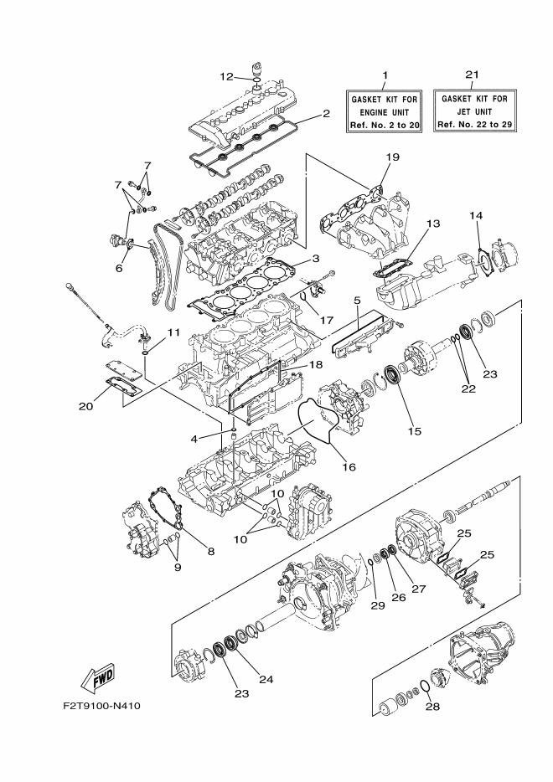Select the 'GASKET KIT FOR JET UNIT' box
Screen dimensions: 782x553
[x=473, y=111]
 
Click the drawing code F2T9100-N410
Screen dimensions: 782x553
[x=101, y=706]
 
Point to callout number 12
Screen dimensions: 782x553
[x=226, y=76]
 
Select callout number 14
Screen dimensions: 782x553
[x=476, y=216]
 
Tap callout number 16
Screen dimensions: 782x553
[x=349, y=466]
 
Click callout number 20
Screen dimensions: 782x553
[x=85, y=406]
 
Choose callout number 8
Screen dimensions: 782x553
[x=210, y=551]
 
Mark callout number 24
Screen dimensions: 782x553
[x=266, y=679]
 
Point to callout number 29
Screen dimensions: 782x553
[x=376, y=605]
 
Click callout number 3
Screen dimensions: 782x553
[x=318, y=259]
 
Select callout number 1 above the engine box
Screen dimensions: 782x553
[x=385, y=75]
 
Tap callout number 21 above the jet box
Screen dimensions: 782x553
[x=473, y=75]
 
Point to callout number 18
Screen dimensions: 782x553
[x=315, y=365]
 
